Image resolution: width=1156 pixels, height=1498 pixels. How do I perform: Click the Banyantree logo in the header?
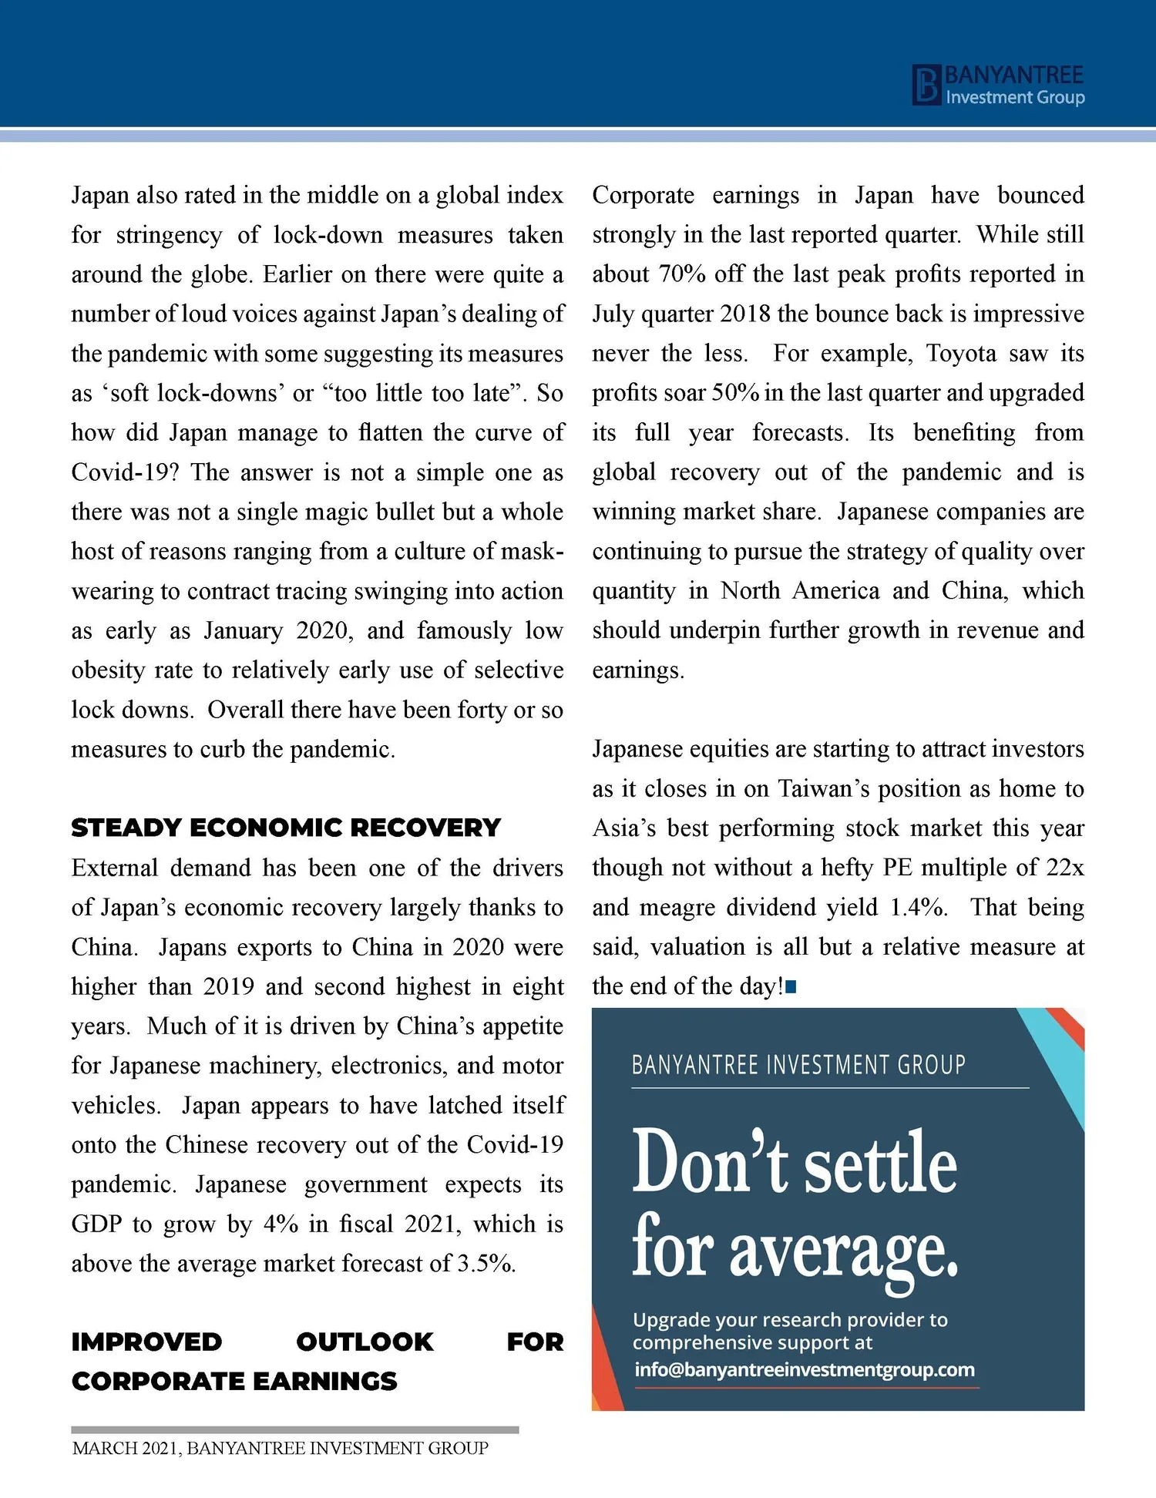point(999,85)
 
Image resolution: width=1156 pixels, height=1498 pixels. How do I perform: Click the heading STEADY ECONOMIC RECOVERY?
point(286,828)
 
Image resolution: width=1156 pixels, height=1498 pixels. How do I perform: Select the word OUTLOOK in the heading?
point(365,1342)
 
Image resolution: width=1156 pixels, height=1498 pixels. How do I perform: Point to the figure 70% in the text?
point(682,274)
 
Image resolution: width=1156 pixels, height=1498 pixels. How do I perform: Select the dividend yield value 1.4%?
point(917,907)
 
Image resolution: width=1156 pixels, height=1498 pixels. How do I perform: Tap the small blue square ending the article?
point(791,986)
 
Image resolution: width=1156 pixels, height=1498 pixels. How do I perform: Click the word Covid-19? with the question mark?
point(125,472)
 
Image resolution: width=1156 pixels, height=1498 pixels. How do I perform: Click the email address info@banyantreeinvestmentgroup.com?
point(805,1369)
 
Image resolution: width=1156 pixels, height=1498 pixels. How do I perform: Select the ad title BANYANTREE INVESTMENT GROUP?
point(798,1065)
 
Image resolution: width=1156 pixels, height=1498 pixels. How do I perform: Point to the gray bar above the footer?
point(294,1429)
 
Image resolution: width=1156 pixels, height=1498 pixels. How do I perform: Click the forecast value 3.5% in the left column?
point(485,1264)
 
